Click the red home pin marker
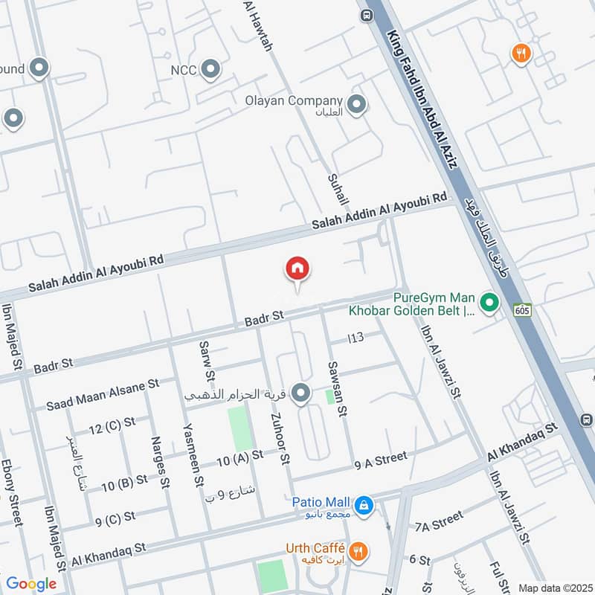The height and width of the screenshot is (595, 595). [x=297, y=270]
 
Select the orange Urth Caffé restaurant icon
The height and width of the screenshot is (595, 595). [x=358, y=551]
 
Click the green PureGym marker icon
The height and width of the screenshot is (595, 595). [x=489, y=303]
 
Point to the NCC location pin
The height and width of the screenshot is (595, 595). [x=211, y=70]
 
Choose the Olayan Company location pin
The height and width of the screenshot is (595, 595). [x=358, y=105]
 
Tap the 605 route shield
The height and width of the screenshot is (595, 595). [x=521, y=309]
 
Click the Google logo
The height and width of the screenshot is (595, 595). [x=31, y=584]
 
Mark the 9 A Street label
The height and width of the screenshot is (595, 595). [x=382, y=462]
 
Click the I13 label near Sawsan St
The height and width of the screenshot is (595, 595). [x=356, y=338]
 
